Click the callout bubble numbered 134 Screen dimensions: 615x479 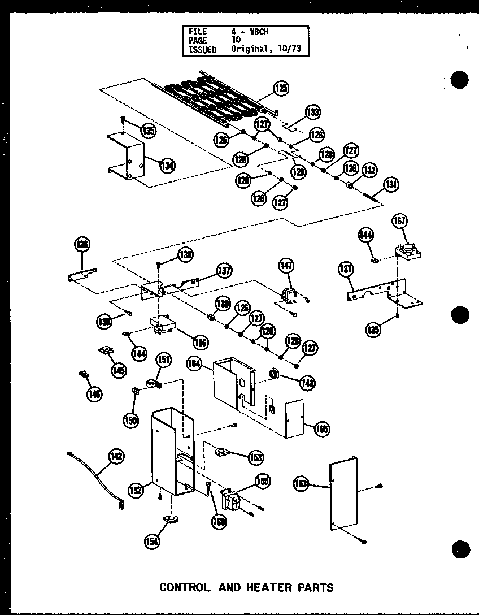pyautogui.click(x=167, y=166)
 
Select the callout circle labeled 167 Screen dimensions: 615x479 pyautogui.click(x=400, y=222)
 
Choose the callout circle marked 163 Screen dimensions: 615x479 pyautogui.click(x=302, y=483)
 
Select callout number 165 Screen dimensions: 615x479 pyautogui.click(x=322, y=428)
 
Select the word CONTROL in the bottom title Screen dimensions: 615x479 pyautogui.click(x=185, y=587)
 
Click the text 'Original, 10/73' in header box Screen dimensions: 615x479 pyautogui.click(x=265, y=49)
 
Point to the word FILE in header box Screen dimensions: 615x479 pyautogui.click(x=198, y=31)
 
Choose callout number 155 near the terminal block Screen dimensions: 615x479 pyautogui.click(x=262, y=481)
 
